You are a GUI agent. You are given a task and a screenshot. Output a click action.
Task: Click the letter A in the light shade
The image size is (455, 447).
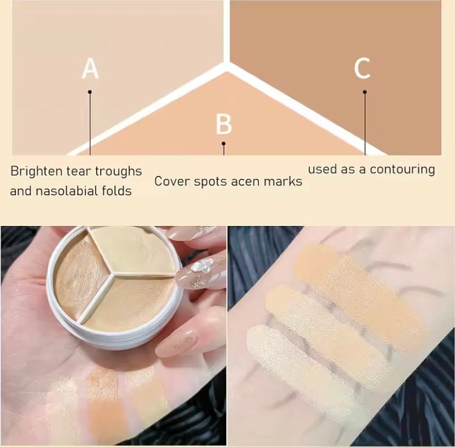tap(90, 69)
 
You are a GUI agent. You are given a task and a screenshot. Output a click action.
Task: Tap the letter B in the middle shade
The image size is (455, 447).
tap(224, 125)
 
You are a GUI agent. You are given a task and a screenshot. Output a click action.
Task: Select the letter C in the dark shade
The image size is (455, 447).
tap(363, 68)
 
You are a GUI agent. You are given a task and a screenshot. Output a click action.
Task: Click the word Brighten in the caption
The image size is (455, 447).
tap(36, 172)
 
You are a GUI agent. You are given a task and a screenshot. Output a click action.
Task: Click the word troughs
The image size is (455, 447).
tap(118, 172)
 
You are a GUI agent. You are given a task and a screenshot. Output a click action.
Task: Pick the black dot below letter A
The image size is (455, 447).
tap(90, 92)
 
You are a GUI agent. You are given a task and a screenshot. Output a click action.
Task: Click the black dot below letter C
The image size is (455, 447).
tap(365, 92)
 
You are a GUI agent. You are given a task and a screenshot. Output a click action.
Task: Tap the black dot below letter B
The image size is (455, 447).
tap(224, 143)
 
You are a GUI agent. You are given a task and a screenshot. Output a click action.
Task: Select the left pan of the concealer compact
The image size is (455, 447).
tap(81, 279)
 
